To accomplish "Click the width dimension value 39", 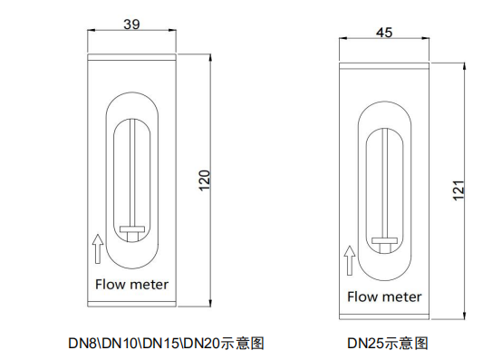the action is click(131, 24).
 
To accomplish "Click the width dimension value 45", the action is click(384, 33).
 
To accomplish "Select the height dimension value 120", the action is click(204, 180).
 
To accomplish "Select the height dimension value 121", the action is click(458, 190).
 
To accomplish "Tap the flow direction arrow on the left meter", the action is click(98, 248).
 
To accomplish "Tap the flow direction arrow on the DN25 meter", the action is click(350, 260).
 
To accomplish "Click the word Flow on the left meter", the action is click(111, 285).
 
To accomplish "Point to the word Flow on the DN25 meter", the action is click(362, 297).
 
